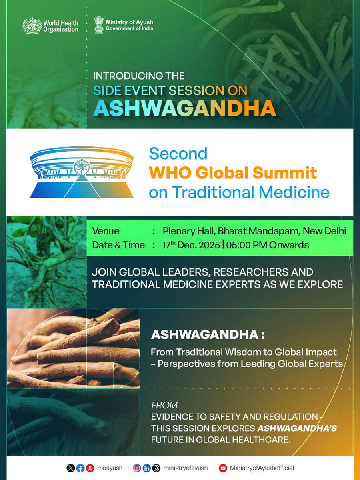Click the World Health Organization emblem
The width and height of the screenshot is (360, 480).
[31, 25]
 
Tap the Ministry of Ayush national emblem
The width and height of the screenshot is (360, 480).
[99, 24]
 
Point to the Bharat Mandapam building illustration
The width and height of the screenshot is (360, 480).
[82, 172]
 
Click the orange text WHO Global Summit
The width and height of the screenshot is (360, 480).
[233, 173]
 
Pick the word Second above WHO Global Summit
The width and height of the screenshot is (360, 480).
[178, 154]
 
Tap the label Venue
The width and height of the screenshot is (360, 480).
[106, 231]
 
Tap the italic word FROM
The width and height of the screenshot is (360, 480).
[164, 405]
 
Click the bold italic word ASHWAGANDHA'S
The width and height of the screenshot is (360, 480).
[297, 428]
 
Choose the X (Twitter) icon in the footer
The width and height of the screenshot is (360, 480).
[71, 468]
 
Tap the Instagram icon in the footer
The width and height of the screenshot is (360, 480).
[137, 468]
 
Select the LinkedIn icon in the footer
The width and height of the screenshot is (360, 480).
[147, 468]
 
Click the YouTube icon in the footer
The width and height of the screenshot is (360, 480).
[223, 468]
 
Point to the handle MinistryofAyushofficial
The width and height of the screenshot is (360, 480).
[262, 468]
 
